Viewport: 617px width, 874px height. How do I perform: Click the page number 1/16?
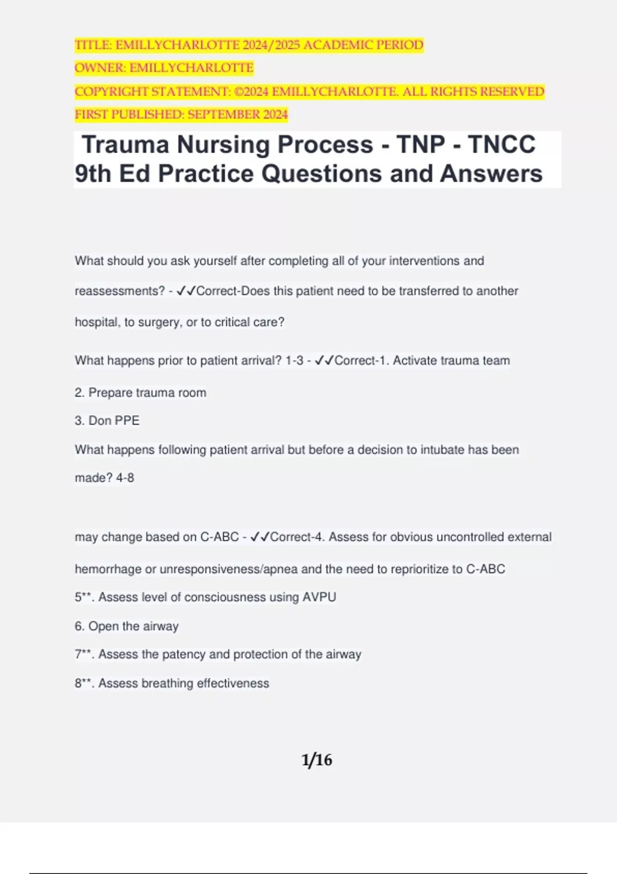tap(317, 760)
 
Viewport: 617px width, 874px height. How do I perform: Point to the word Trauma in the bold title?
tap(125, 144)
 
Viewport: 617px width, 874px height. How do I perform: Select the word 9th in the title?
tap(93, 174)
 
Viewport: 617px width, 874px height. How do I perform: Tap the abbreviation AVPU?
tap(319, 597)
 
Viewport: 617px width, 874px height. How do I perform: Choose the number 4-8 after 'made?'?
tap(125, 478)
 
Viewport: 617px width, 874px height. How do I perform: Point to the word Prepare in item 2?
tap(109, 393)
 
